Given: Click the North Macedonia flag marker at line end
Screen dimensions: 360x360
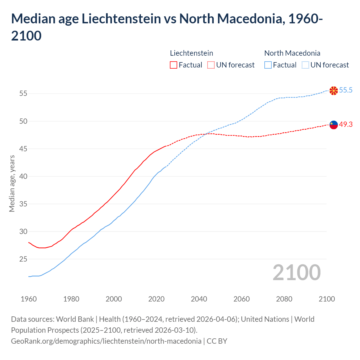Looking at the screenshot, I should pos(334,91).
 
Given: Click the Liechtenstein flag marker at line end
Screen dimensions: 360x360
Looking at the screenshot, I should pos(334,125).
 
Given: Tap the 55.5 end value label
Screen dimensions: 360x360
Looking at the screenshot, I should pos(346,90).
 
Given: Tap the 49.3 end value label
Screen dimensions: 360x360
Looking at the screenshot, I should pos(346,124).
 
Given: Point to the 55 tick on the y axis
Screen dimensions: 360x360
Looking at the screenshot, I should pos(23,93).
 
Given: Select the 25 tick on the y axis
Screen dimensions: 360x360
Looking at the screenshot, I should pos(23,259).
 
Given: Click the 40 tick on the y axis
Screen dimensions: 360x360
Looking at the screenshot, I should pos(23,176).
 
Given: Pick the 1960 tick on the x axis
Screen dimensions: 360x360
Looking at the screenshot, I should pos(29,299).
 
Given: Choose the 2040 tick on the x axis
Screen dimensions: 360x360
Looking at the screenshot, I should pos(199,299).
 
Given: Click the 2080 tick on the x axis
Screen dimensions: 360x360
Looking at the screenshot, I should pos(284,299).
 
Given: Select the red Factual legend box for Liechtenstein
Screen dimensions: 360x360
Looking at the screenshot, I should pos(174,65).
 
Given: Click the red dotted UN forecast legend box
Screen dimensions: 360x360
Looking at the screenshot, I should pos(211,65).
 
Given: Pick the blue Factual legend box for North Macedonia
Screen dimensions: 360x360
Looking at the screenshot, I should pos(268,65).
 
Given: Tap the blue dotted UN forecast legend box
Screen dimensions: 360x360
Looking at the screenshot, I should pos(305,65).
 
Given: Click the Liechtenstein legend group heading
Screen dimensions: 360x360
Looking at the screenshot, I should pos(192,53).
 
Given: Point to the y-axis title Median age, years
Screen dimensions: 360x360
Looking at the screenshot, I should pos(12,183).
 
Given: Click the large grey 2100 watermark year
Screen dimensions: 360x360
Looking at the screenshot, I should pos(296,273).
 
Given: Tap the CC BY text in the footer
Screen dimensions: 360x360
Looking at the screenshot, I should pos(217,341).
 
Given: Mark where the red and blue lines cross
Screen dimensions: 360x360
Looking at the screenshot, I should pos(206,134).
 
